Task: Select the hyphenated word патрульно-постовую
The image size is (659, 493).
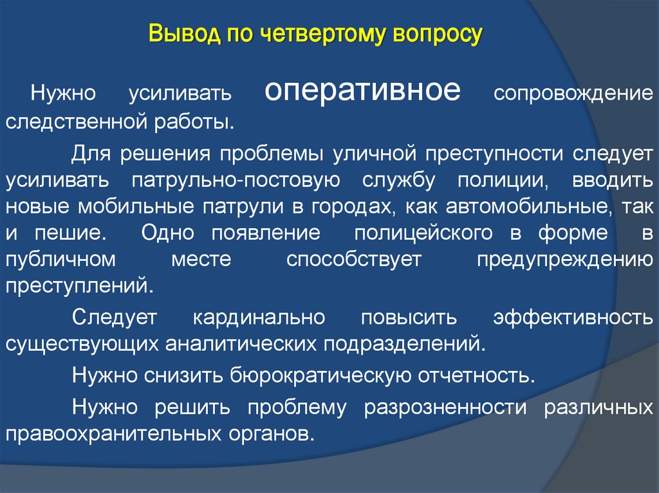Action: (236, 180)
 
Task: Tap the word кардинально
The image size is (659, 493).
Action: (257, 318)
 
